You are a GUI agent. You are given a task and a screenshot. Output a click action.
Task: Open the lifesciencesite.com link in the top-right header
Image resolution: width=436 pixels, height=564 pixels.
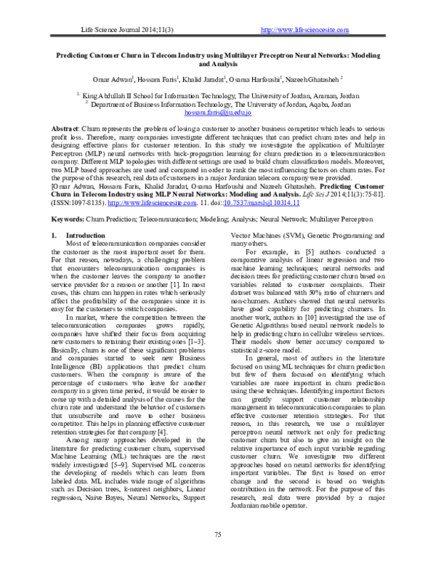(x=304, y=29)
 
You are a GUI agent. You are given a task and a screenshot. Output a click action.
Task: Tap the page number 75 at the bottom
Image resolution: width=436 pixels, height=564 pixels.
(x=217, y=535)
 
